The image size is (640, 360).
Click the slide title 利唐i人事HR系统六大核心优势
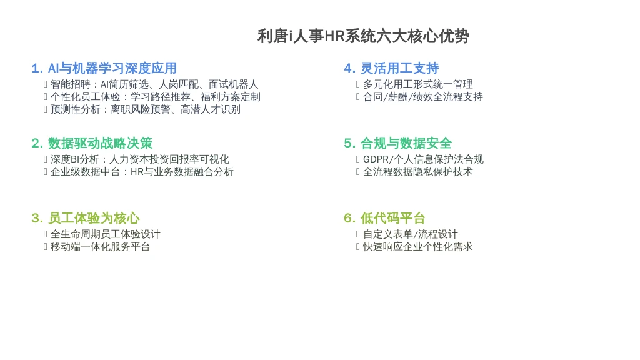tap(363, 36)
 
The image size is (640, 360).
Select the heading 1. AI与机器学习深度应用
tap(104, 68)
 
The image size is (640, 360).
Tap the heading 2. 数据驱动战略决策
tap(92, 143)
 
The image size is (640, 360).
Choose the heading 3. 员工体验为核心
tap(85, 218)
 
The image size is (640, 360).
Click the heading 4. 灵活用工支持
tap(391, 68)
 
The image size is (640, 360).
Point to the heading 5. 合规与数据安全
tap(398, 143)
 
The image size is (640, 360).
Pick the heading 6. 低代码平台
tap(384, 218)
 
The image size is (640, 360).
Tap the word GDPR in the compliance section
tap(376, 159)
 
